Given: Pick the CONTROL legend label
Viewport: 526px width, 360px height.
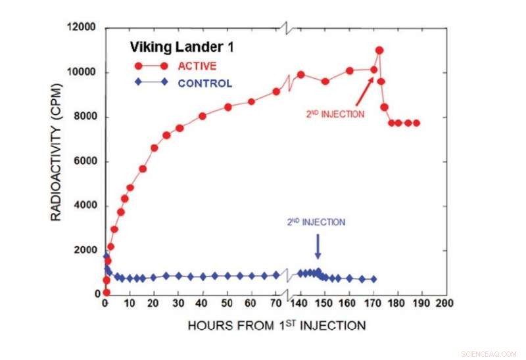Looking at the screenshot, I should (204, 83).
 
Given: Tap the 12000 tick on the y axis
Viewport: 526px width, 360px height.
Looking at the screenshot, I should (82, 28).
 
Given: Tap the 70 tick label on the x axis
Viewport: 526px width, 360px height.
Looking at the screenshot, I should (275, 304).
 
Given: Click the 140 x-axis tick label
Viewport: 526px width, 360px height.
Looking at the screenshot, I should (300, 304).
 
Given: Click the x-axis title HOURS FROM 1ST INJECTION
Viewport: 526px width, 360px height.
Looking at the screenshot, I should (276, 325).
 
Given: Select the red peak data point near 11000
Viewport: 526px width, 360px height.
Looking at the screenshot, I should (379, 51).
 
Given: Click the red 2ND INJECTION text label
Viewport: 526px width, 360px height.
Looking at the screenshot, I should (335, 114).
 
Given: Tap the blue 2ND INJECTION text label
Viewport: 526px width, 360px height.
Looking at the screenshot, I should (316, 223).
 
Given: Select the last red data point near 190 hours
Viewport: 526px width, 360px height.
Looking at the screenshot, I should (416, 123).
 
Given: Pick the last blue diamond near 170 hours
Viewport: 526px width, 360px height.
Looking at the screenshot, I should (373, 279).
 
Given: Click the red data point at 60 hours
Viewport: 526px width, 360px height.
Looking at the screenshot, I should (251, 102).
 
